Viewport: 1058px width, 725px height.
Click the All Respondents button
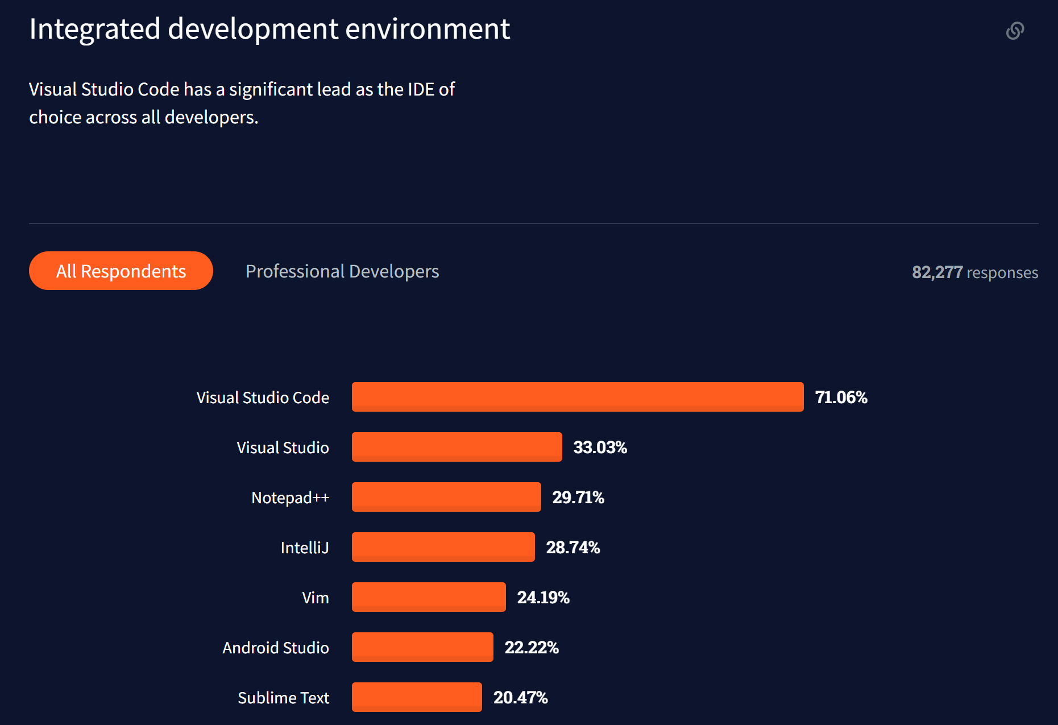pos(121,271)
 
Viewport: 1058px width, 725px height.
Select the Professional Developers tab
pos(342,271)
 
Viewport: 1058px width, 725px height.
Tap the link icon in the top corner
pos(1015,31)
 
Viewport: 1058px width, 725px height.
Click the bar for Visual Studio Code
pos(577,397)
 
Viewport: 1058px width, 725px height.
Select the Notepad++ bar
pos(446,497)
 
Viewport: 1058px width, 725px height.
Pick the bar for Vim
pos(429,597)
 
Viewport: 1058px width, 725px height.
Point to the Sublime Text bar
pos(417,697)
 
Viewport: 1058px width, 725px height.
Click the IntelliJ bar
pos(443,547)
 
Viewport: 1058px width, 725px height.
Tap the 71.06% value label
pos(841,397)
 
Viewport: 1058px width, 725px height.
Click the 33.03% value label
pos(600,448)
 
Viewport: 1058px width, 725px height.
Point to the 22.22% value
pos(532,648)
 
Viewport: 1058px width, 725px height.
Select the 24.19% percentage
pos(543,598)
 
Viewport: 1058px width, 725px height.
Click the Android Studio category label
pos(276,648)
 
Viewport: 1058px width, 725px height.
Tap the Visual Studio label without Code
pos(283,448)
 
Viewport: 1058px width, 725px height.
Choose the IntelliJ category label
pos(305,548)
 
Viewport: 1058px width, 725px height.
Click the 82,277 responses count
pos(974,272)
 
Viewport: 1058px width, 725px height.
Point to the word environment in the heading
pos(428,29)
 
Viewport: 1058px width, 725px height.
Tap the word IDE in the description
pos(421,89)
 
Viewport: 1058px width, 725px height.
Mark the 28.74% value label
pos(572,548)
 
